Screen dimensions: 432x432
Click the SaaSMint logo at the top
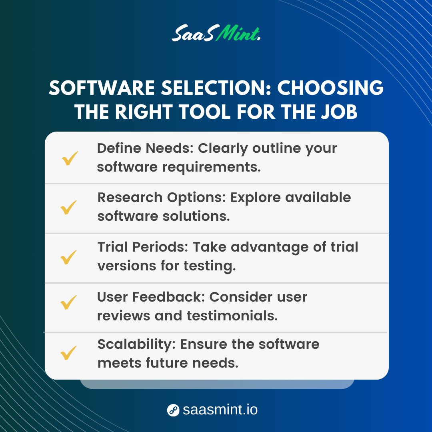[216, 34]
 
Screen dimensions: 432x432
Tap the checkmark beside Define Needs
[70, 158]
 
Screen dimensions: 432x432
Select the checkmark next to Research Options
[69, 208]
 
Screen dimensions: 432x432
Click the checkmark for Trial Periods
[69, 257]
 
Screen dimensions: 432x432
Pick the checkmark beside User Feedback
[69, 303]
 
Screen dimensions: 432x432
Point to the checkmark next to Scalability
[69, 353]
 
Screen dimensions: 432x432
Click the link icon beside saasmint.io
[173, 410]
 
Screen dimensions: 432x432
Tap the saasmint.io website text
[220, 410]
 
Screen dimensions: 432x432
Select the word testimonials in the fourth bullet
[232, 316]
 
